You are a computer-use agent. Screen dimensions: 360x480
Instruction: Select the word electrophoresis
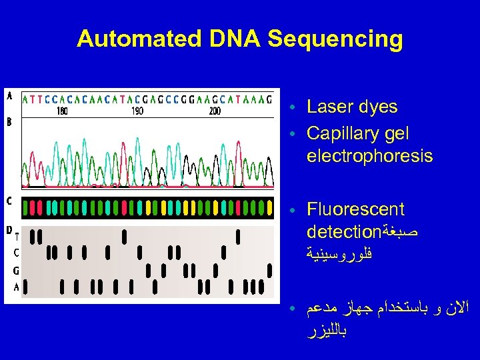pyautogui.click(x=369, y=157)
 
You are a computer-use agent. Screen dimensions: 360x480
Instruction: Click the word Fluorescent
pyautogui.click(x=355, y=210)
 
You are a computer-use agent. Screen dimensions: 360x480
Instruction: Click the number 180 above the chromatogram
pyautogui.click(x=62, y=111)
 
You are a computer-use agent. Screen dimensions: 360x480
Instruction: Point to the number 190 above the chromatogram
pyautogui.click(x=137, y=111)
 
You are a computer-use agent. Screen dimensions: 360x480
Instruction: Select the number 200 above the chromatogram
pyautogui.click(x=215, y=111)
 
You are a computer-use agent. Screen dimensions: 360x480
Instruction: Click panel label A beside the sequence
pyautogui.click(x=9, y=96)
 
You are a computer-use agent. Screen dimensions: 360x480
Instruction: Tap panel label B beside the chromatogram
pyautogui.click(x=9, y=122)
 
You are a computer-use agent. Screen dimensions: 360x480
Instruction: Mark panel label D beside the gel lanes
pyautogui.click(x=9, y=230)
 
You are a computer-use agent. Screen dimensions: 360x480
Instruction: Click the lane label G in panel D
pyautogui.click(x=16, y=271)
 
